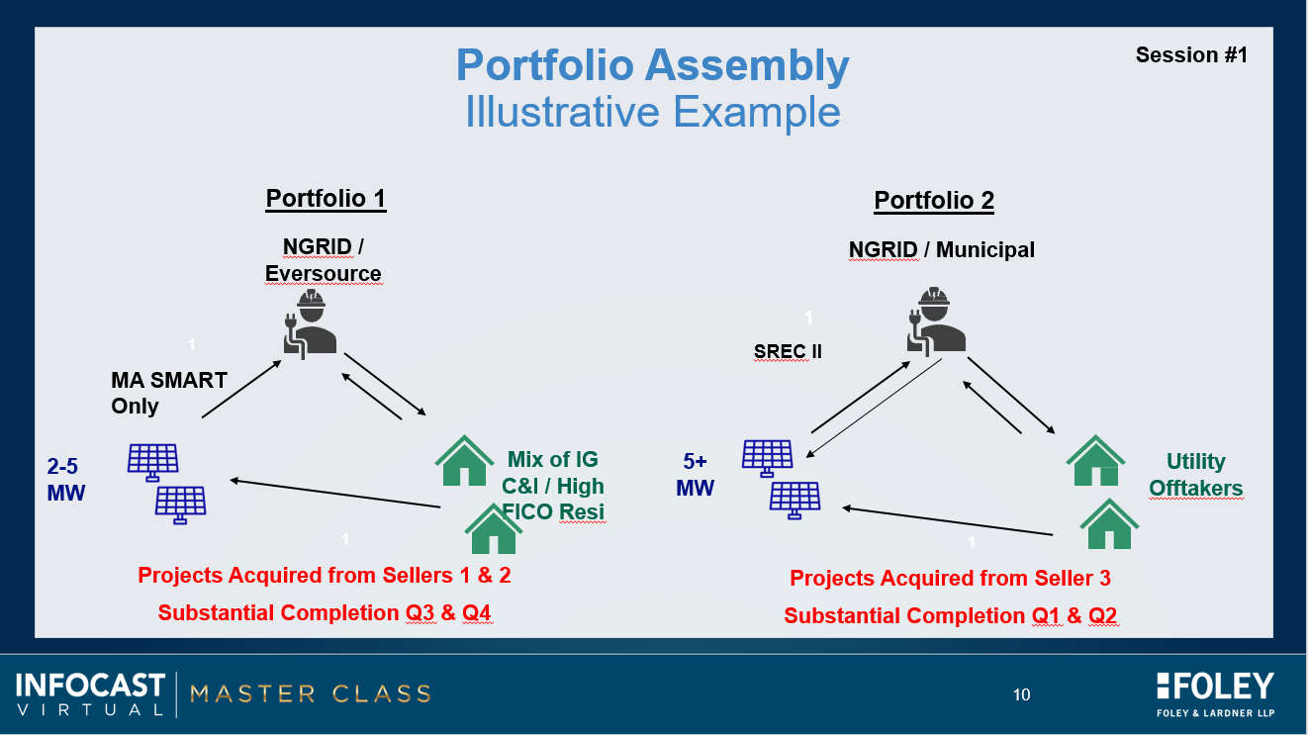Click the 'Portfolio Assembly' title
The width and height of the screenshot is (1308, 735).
[652, 66]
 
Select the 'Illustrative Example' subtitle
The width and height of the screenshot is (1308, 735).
[652, 112]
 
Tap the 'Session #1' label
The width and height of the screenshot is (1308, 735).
[1191, 55]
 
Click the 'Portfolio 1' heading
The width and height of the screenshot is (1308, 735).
[326, 199]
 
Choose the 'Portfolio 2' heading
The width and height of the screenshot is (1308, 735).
[934, 202]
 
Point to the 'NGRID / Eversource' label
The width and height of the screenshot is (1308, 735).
[323, 260]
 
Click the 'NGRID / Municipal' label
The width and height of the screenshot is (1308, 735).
[941, 250]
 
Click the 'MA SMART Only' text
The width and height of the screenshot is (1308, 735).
[169, 393]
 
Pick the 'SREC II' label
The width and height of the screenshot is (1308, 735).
[788, 351]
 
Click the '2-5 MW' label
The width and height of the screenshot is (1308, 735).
[66, 479]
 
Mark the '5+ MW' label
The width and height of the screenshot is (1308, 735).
[695, 475]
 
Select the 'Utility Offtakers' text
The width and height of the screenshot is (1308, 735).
[1195, 475]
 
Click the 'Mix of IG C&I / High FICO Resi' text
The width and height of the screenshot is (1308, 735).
[553, 486]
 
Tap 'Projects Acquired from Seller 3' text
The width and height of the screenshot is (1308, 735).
[950, 579]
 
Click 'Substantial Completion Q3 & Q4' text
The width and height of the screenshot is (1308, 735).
[325, 613]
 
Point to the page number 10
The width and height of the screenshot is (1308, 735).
[1021, 694]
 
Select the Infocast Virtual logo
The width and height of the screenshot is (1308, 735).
[90, 692]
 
